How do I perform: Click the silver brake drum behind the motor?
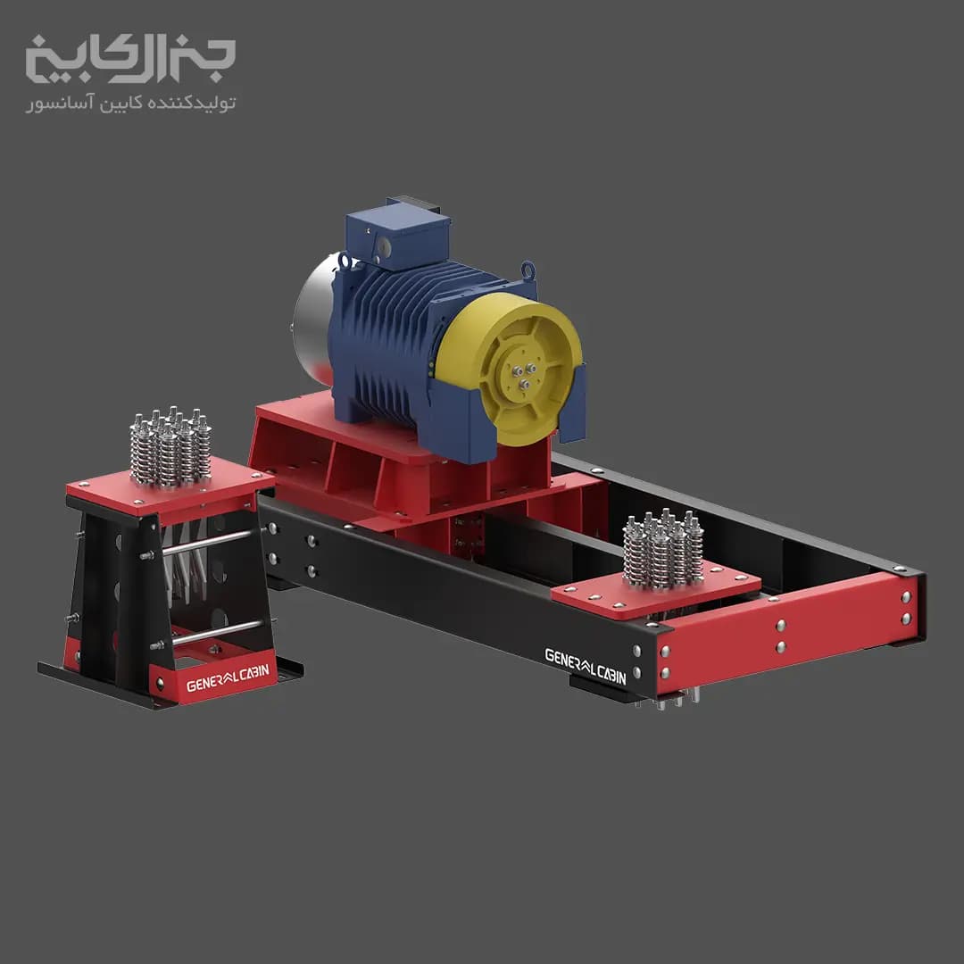click(312, 320)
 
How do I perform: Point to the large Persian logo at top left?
click(130, 59)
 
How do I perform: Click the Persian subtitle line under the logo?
click(130, 103)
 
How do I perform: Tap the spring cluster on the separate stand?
click(170, 447)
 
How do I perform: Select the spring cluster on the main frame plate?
click(662, 549)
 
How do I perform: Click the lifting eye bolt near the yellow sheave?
click(528, 270)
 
